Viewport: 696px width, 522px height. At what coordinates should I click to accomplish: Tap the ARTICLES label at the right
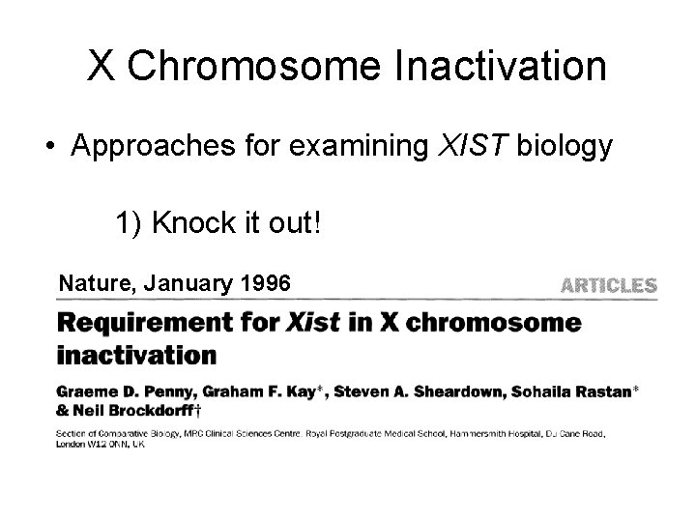pyautogui.click(x=609, y=285)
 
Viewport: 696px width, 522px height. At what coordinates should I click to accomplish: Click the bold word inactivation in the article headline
pyautogui.click(x=136, y=355)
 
